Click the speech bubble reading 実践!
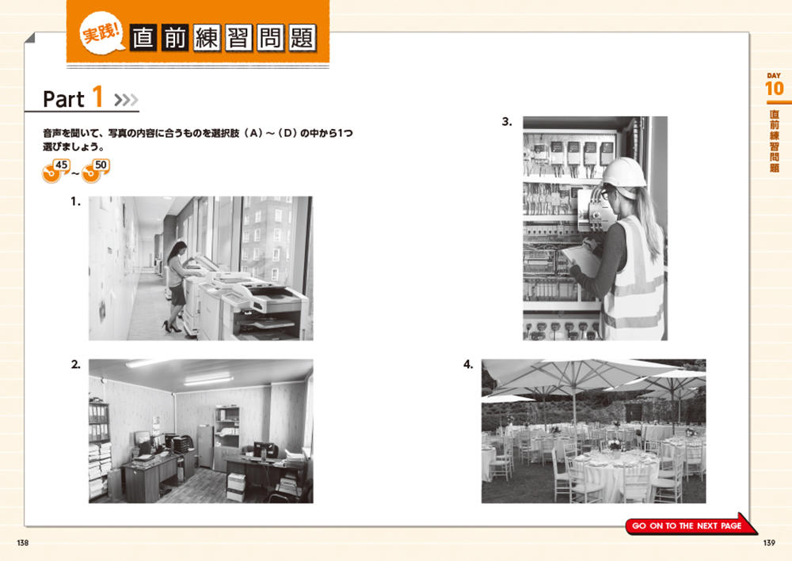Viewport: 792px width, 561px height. pyautogui.click(x=101, y=32)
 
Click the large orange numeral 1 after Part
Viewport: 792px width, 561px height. pyautogui.click(x=97, y=97)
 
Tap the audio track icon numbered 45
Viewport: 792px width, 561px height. pyautogui.click(x=55, y=171)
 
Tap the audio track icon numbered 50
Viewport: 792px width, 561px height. pyautogui.click(x=96, y=171)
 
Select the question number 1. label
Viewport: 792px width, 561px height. pyautogui.click(x=75, y=202)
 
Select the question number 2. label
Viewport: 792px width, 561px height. pyautogui.click(x=76, y=364)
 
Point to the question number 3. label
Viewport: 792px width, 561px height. pyautogui.click(x=507, y=122)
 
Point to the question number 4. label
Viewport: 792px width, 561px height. pyautogui.click(x=468, y=364)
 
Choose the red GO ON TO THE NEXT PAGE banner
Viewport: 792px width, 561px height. pyautogui.click(x=690, y=525)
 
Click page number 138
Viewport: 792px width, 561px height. pyautogui.click(x=23, y=543)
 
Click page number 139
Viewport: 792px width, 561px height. pyautogui.click(x=769, y=543)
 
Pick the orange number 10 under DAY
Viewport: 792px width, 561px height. pyautogui.click(x=775, y=89)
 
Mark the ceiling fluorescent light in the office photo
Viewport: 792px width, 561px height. pyautogui.click(x=208, y=379)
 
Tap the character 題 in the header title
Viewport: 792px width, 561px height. pyautogui.click(x=303, y=38)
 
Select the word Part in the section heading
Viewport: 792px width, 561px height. pyautogui.click(x=63, y=99)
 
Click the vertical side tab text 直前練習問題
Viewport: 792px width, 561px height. pyautogui.click(x=775, y=142)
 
